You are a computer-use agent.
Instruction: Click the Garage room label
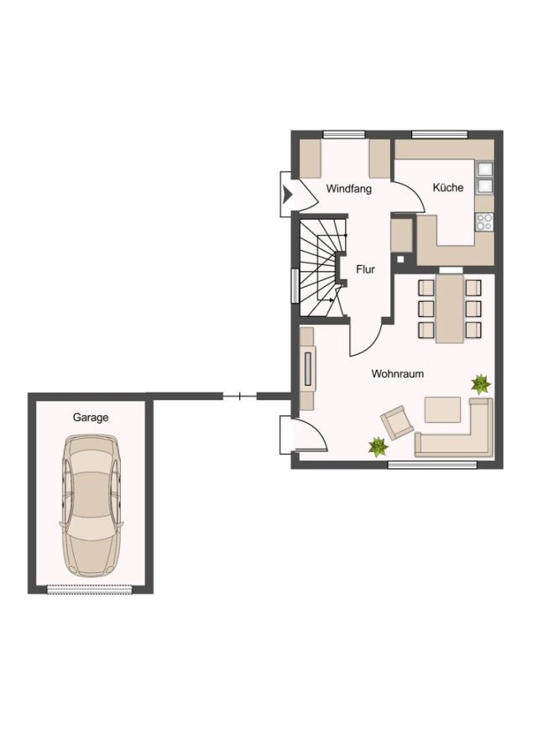91,418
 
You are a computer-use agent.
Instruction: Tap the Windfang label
349,189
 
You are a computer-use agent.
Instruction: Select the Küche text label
448,187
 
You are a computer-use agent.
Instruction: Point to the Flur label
365,269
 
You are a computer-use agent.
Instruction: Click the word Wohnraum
398,373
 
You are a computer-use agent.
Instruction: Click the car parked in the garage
91,506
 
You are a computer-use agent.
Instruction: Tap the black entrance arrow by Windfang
288,194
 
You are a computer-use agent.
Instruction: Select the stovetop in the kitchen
484,221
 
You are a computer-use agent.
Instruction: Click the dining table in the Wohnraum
450,308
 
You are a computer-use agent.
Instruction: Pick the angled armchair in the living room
397,422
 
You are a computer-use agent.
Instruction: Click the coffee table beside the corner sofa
442,409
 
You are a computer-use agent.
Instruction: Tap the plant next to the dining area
480,383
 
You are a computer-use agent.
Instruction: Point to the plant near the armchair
379,447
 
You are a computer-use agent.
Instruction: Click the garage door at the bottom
90,589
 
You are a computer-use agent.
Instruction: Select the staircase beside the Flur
321,268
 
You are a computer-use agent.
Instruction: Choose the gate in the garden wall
239,397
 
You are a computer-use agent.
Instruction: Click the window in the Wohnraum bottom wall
432,465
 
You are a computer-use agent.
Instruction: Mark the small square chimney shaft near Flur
400,259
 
